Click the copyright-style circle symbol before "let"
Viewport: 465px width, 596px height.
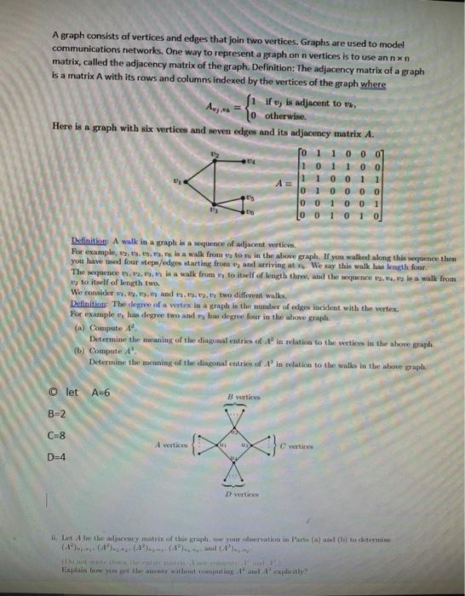[53, 392]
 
